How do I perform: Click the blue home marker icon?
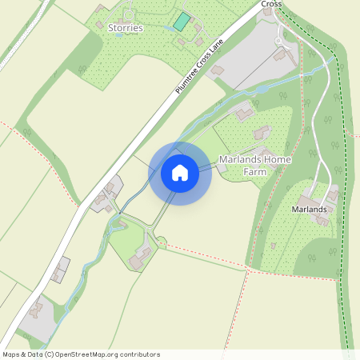point(180,173)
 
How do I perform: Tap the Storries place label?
point(125,28)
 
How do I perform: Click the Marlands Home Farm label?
point(254,166)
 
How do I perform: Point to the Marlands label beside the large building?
point(309,210)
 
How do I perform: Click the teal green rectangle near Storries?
point(183,22)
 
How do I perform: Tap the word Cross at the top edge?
point(271,4)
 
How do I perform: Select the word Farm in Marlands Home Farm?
point(254,171)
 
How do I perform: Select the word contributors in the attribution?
point(139,354)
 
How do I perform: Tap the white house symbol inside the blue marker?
point(180,173)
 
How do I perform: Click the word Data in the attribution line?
point(33,354)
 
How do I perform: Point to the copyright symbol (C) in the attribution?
point(49,354)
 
